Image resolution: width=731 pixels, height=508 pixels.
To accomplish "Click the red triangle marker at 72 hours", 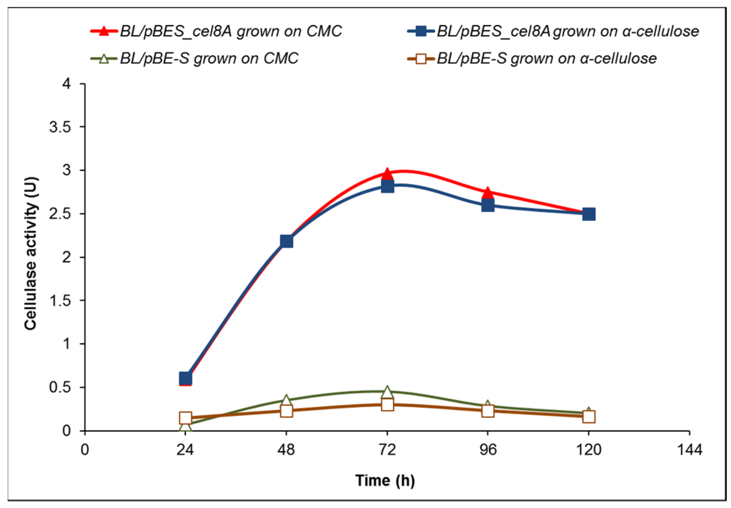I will [x=387, y=174].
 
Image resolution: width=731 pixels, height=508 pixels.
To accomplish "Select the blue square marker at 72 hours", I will [x=387, y=186].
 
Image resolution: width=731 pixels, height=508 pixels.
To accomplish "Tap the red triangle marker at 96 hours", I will [x=488, y=193].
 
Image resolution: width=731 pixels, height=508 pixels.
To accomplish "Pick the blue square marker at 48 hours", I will [x=286, y=241].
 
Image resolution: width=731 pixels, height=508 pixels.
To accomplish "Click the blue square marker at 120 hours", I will [x=589, y=214].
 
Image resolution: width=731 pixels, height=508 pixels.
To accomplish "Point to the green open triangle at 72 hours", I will [x=387, y=392].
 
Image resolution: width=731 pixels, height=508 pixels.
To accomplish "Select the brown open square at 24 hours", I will [x=185, y=418].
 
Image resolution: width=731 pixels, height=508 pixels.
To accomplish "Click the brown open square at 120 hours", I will [x=589, y=417].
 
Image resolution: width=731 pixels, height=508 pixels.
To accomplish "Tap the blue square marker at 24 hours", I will [x=185, y=378].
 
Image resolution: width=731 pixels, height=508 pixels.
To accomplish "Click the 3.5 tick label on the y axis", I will [x=60, y=127].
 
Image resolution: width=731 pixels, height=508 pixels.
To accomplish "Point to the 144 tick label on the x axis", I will [x=689, y=450].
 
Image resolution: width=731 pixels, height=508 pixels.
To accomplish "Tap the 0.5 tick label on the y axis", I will [x=60, y=387].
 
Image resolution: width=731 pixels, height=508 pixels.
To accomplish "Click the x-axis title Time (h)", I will [x=385, y=480].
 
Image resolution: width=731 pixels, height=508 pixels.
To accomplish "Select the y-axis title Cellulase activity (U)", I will [x=31, y=254].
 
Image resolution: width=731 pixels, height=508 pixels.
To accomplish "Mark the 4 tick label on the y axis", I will [x=67, y=83].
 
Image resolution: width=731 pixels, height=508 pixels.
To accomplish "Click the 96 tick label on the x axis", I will [x=488, y=450].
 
